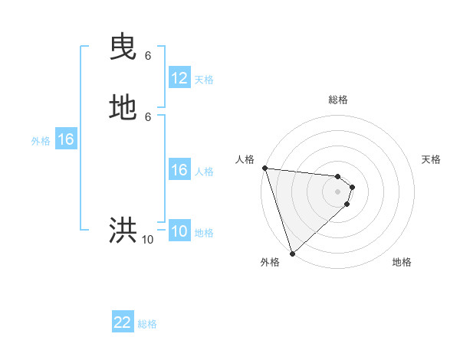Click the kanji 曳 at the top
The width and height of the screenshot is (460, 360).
pyautogui.click(x=123, y=48)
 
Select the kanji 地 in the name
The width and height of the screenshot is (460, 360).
pyautogui.click(x=123, y=108)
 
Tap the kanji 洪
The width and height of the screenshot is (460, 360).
pyautogui.click(x=123, y=230)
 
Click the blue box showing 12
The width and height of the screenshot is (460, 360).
pyautogui.click(x=179, y=78)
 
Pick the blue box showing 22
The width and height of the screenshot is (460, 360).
pyautogui.click(x=123, y=322)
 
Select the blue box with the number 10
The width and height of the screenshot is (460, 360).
pyautogui.click(x=179, y=232)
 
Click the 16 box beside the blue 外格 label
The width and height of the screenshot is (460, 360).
pyautogui.click(x=66, y=139)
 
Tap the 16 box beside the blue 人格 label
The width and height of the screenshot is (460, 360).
pyautogui.click(x=179, y=170)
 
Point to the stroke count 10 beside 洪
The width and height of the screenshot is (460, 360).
pyautogui.click(x=147, y=240)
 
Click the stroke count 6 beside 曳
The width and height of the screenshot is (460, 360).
pyautogui.click(x=148, y=56)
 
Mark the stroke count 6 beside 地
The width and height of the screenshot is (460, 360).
pyautogui.click(x=148, y=116)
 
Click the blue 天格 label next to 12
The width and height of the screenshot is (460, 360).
pyautogui.click(x=204, y=80)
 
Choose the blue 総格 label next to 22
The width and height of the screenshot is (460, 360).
pyautogui.click(x=147, y=324)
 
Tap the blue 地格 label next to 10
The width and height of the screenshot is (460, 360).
pyautogui.click(x=204, y=233)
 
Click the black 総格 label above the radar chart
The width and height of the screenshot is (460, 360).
pyautogui.click(x=338, y=100)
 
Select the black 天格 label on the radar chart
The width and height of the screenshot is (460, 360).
pyautogui.click(x=431, y=159)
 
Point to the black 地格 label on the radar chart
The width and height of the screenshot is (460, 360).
pyautogui.click(x=402, y=262)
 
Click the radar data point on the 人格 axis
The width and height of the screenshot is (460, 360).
pyautogui.click(x=264, y=168)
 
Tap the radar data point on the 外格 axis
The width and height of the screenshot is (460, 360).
pyautogui.click(x=292, y=253)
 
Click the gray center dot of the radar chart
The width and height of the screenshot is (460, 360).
pyautogui.click(x=337, y=191)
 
